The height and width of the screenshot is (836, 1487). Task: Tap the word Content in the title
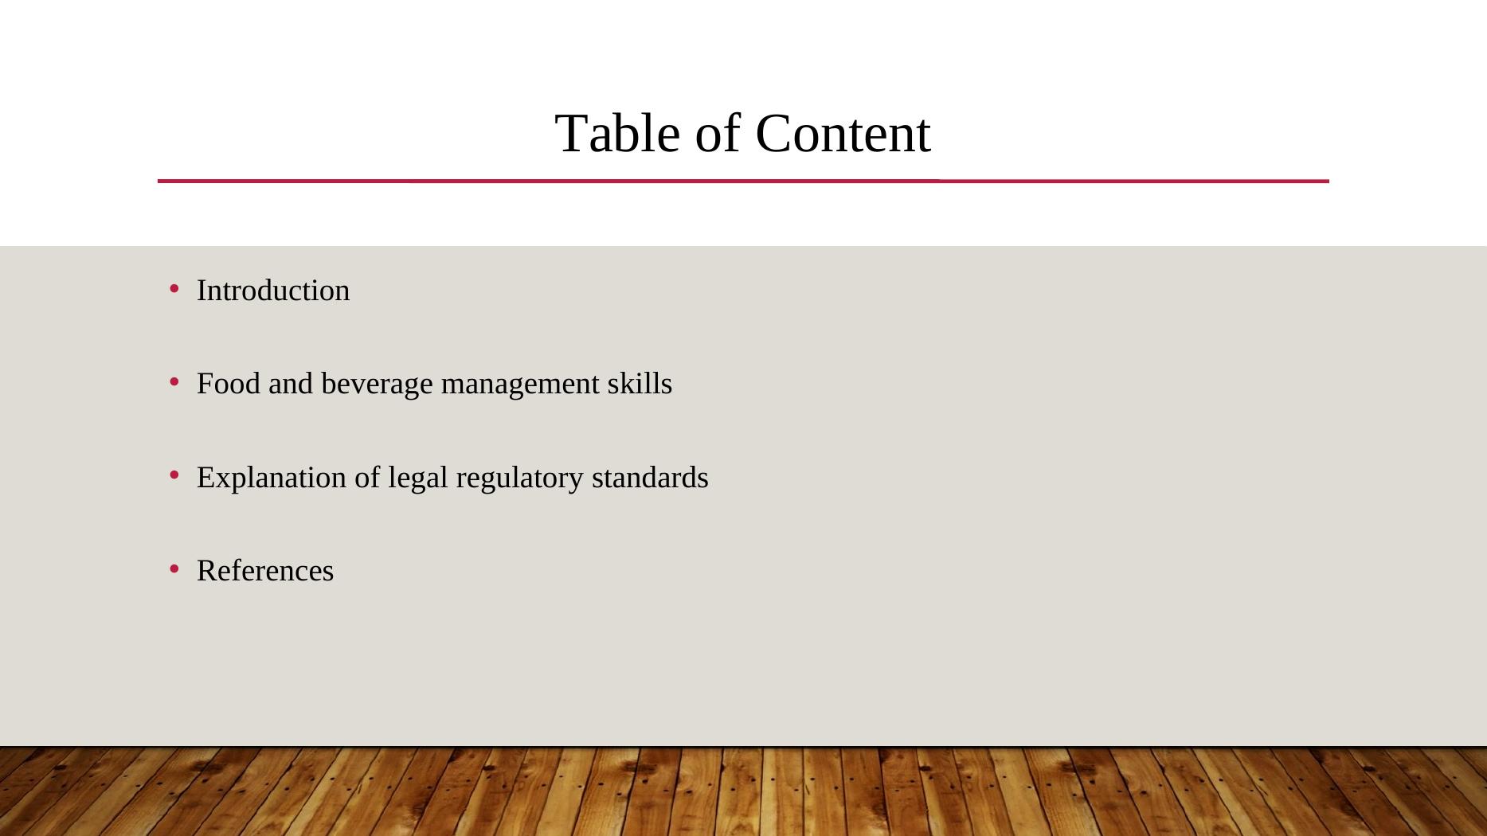843,133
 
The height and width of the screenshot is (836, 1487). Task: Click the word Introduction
273,291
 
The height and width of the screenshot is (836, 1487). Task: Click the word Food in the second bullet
229,384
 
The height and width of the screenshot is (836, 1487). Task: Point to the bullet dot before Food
174,381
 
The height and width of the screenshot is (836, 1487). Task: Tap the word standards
650,478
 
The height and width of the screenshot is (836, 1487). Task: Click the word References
265,571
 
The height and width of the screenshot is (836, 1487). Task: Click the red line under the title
743,182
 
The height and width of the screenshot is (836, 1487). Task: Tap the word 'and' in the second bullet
291,384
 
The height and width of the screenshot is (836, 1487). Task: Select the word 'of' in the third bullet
368,478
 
